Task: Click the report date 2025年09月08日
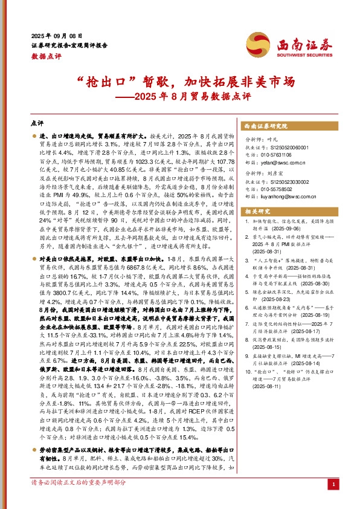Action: click(x=57, y=36)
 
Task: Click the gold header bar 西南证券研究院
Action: click(x=263, y=126)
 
